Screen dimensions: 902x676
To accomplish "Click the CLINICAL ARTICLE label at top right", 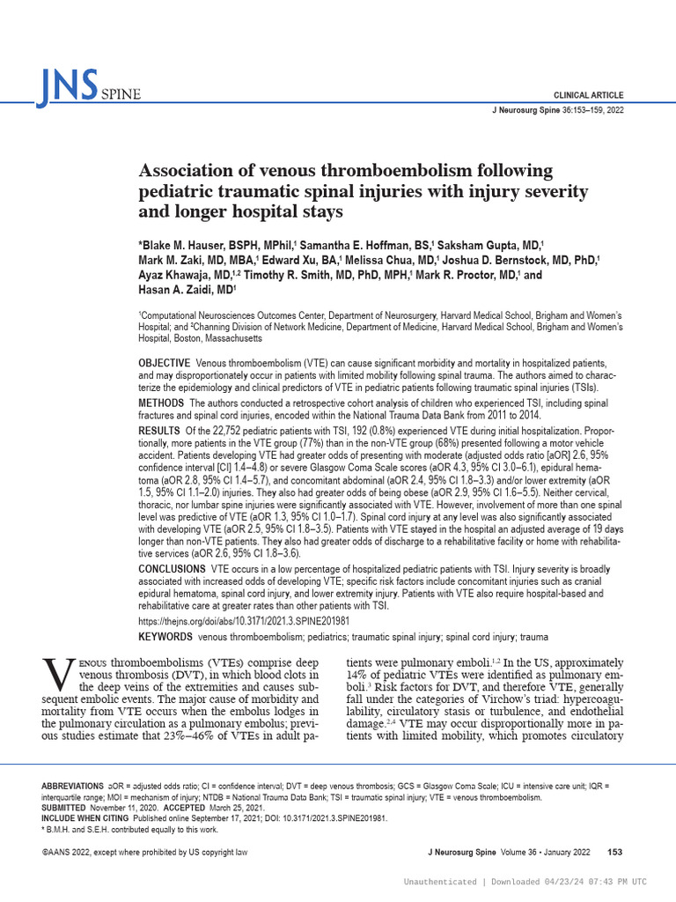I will point(588,94).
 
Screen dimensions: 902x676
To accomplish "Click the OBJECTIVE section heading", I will point(164,364).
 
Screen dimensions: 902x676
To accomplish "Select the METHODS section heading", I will point(161,403).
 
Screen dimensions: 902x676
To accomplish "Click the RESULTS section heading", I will point(158,429).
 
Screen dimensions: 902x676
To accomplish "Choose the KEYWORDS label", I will point(165,636).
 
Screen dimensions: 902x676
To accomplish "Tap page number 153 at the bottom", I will point(615,851).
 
